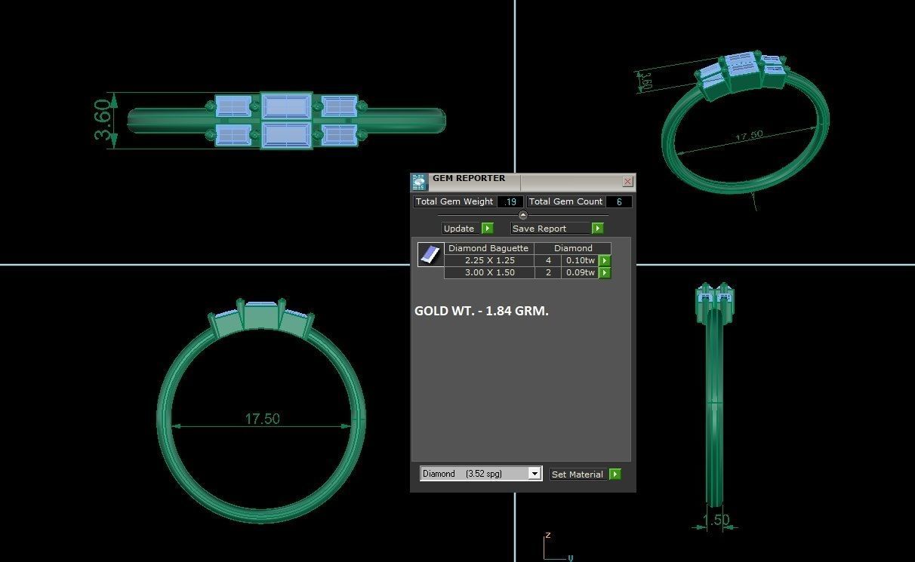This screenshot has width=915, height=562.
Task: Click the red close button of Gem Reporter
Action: [x=627, y=182]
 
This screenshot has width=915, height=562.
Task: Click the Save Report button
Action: [x=549, y=229]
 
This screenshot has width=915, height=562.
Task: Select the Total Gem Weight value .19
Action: [x=511, y=201]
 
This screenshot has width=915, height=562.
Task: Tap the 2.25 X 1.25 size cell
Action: [x=489, y=260]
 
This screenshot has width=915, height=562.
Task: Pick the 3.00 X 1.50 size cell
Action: [x=489, y=272]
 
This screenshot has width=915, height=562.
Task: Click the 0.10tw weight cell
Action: [x=580, y=260]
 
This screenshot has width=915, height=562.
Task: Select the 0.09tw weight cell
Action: [x=580, y=272]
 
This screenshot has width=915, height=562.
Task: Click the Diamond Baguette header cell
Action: [x=488, y=248]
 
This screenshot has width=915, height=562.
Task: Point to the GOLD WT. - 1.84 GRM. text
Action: [x=482, y=311]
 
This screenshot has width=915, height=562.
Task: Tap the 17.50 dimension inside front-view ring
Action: [x=262, y=419]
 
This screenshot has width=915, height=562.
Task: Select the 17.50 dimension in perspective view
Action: [x=749, y=136]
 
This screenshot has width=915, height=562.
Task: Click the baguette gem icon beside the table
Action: [x=430, y=255]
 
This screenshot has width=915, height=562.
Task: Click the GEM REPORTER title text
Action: [x=468, y=179]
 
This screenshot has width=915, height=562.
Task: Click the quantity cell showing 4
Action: [x=548, y=260]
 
